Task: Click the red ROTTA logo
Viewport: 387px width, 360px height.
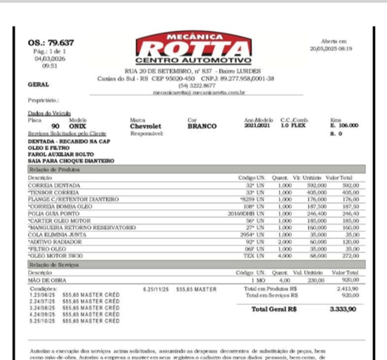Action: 193,48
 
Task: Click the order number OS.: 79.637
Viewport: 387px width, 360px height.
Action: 51,43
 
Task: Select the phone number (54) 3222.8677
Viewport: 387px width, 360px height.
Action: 193,85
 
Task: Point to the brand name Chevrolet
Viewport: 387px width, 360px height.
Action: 145,126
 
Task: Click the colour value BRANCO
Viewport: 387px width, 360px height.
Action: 201,126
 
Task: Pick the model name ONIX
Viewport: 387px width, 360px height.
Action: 78,126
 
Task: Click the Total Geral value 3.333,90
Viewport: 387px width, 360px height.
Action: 343,309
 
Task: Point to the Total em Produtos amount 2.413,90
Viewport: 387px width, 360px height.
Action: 347,288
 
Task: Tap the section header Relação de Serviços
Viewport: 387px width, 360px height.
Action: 53,264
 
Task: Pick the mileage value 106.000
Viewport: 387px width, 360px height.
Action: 345,125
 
